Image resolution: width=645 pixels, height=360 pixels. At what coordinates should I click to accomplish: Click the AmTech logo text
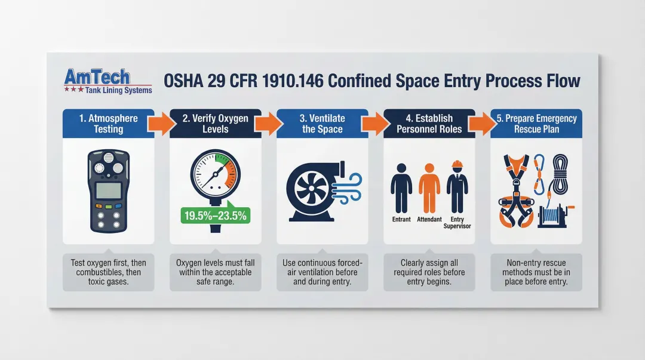coord(96,76)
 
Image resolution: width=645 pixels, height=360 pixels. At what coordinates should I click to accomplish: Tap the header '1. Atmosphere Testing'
coord(108,124)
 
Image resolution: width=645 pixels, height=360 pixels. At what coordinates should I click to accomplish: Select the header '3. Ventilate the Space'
coord(322,124)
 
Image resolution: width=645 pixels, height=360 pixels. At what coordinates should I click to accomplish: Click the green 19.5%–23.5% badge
coord(215,216)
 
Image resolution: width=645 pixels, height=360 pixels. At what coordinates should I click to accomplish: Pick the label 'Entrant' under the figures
coord(401,220)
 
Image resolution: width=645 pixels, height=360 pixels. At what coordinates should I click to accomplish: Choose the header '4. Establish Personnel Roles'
coord(429,124)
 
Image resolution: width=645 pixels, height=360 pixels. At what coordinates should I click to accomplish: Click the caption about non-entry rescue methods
coord(536,272)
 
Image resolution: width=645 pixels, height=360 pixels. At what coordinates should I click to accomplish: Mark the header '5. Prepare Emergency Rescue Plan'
coord(536,124)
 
